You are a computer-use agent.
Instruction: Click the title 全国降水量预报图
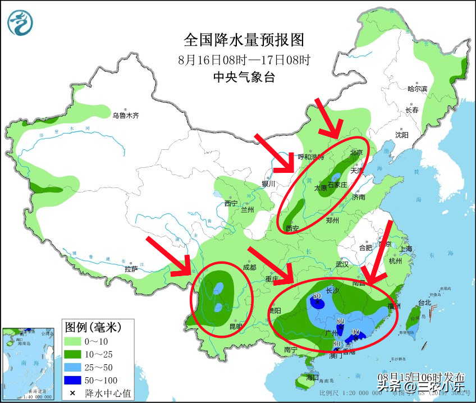point(244,40)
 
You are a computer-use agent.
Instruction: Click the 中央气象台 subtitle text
point(244,77)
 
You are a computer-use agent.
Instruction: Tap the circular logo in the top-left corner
point(20,23)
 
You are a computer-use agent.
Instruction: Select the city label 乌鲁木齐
point(125,116)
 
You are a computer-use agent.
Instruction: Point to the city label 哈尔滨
point(417,89)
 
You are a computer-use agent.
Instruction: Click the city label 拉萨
point(131,269)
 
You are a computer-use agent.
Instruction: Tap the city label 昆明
point(236,326)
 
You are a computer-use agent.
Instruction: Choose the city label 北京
point(356,152)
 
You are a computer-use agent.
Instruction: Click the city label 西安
point(292,228)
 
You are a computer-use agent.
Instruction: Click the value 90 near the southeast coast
point(355,332)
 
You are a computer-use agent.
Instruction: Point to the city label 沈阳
point(401,135)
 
